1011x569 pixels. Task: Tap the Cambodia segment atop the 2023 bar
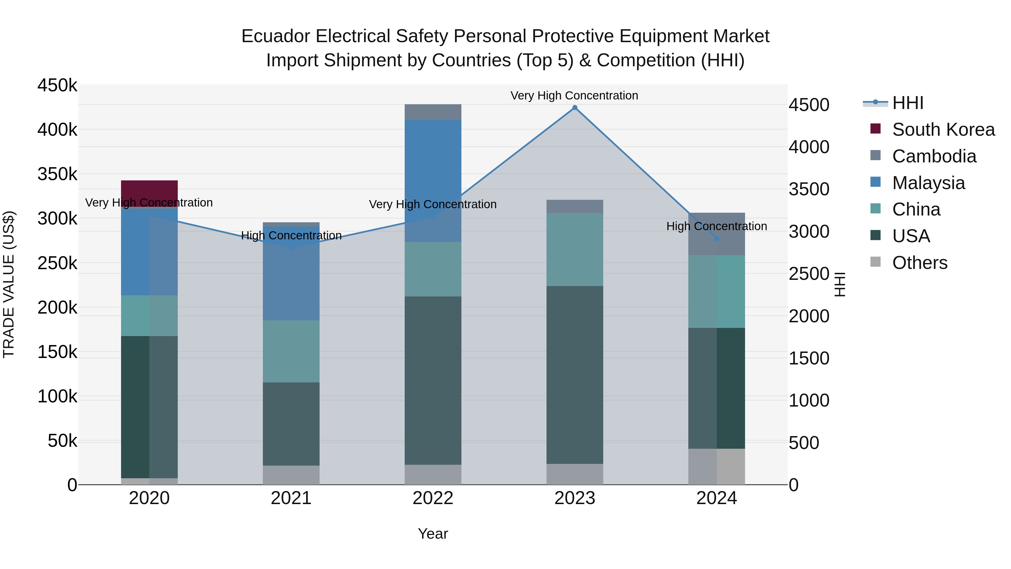pos(575,206)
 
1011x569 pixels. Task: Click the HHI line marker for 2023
pos(575,108)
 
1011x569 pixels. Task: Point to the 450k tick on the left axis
pos(57,85)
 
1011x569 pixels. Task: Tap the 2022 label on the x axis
pos(432,498)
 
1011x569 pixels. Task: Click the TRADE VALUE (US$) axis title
pos(9,284)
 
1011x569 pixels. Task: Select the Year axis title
pos(432,534)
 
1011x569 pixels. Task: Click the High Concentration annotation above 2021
pos(291,236)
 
